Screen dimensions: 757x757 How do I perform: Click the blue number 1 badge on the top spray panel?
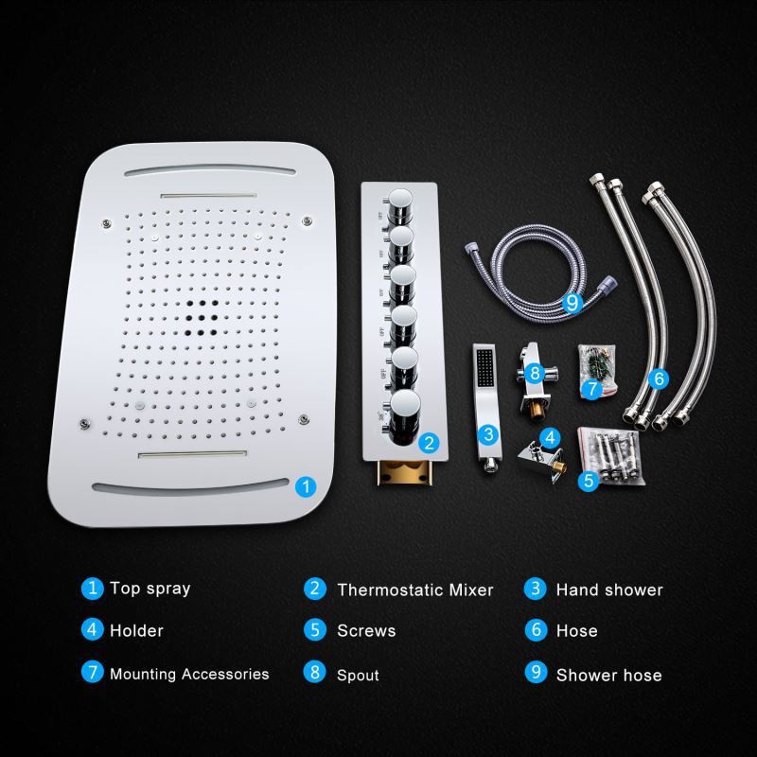[x=306, y=486]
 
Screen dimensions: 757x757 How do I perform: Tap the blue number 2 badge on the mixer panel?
[x=429, y=443]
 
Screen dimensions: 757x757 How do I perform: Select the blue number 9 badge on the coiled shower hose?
[x=572, y=303]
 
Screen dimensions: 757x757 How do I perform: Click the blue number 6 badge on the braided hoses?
[x=659, y=378]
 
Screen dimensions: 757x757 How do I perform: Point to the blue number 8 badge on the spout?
[x=535, y=373]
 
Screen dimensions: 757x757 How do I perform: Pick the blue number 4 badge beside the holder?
[x=551, y=438]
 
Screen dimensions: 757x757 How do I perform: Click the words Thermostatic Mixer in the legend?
[x=415, y=590]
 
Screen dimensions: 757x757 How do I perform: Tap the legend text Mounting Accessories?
[x=189, y=674]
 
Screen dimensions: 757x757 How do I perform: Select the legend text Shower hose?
[x=608, y=675]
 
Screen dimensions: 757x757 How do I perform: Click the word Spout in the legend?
[x=358, y=676]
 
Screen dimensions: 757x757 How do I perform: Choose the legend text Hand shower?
[x=609, y=590]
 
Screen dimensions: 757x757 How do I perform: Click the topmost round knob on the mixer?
[x=399, y=203]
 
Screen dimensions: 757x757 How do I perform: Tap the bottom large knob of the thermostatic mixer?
[x=405, y=414]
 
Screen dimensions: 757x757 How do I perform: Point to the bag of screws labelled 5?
[x=610, y=456]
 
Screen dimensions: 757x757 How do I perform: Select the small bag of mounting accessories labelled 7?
[x=597, y=369]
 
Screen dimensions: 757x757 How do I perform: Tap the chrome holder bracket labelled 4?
[x=542, y=459]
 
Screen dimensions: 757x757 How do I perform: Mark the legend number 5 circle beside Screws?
[x=315, y=629]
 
